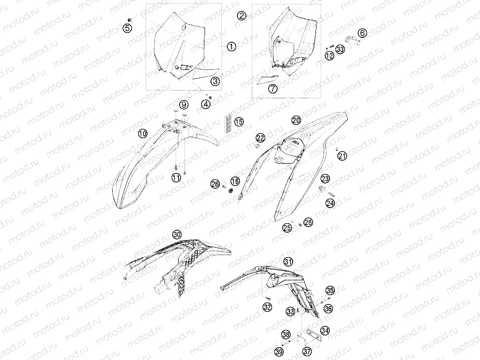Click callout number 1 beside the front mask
(x=232, y=47)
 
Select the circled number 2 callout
(x=242, y=16)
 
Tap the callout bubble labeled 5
(x=127, y=29)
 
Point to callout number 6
(x=362, y=33)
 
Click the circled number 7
(x=272, y=89)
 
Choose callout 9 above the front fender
(x=183, y=105)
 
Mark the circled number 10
(x=143, y=133)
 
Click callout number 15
(x=239, y=122)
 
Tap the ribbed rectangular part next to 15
(x=228, y=119)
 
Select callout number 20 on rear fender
(x=296, y=120)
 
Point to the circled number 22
(x=261, y=138)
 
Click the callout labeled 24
(x=330, y=203)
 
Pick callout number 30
(x=177, y=235)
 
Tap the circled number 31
(x=288, y=262)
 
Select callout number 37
(x=307, y=351)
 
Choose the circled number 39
(x=279, y=352)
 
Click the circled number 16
(x=235, y=181)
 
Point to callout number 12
(x=330, y=56)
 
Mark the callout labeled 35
(x=330, y=290)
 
